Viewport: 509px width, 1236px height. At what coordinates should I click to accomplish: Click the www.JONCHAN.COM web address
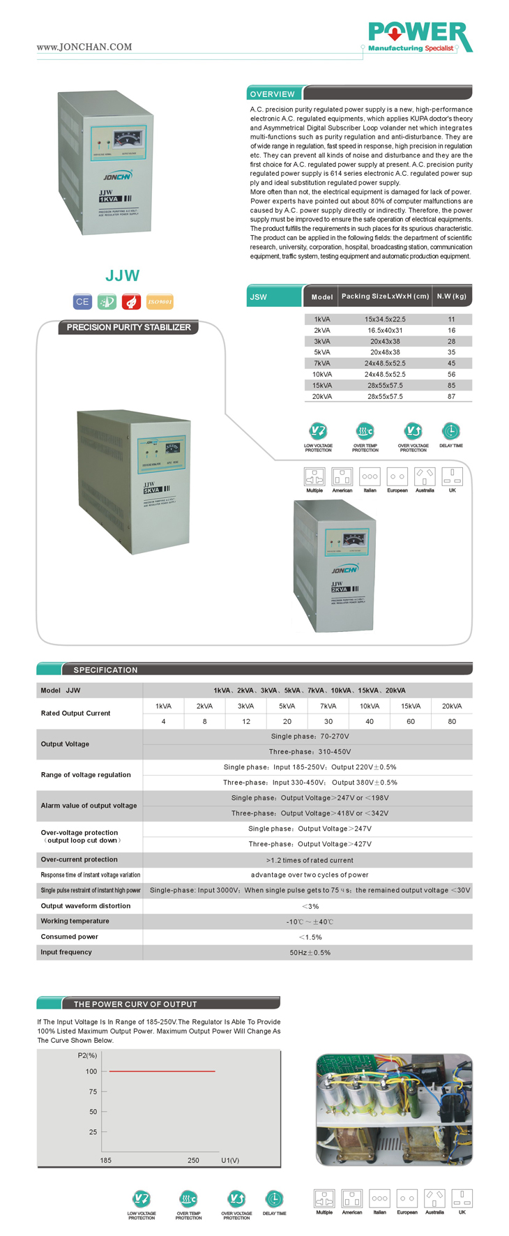[84, 47]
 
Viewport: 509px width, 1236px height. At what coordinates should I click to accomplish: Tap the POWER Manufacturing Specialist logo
[420, 37]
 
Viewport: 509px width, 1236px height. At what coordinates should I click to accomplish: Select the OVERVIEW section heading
[273, 94]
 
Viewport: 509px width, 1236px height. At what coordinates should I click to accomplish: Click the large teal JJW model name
[123, 276]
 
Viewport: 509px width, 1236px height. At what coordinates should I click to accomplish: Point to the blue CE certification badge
[82, 302]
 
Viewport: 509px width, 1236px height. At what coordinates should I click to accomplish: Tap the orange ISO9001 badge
[160, 302]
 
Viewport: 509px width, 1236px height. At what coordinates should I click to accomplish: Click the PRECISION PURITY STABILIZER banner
[129, 327]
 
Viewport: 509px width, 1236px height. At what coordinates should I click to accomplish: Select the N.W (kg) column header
[451, 296]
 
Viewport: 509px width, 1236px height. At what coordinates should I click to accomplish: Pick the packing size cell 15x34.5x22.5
[385, 319]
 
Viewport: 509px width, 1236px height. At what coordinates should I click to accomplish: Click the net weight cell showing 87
[451, 396]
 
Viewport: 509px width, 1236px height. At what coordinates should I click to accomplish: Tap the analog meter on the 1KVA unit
[128, 137]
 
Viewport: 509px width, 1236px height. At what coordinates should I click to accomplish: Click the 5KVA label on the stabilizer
[152, 490]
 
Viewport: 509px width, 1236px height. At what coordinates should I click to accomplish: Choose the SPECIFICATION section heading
[105, 670]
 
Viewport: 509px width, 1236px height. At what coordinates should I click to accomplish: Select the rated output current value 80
[452, 721]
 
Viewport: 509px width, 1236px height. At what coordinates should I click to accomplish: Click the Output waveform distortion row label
[86, 906]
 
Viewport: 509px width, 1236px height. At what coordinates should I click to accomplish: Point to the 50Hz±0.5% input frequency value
[310, 952]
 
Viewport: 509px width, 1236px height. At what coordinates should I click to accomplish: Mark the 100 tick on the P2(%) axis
[92, 1071]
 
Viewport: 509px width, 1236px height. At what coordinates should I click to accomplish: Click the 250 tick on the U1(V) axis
[193, 1161]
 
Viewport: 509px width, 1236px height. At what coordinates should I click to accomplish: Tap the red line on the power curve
[162, 1071]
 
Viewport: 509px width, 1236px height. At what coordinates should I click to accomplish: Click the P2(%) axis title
[87, 1055]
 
